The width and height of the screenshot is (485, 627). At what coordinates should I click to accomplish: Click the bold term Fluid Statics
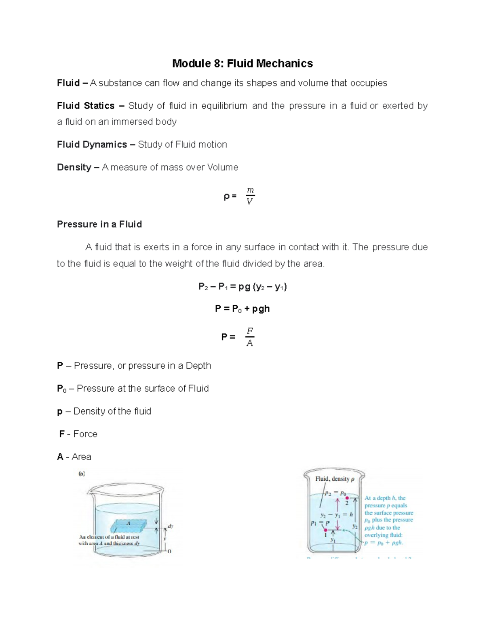tap(86, 106)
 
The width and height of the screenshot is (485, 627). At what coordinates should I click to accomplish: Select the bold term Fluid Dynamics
tap(92, 145)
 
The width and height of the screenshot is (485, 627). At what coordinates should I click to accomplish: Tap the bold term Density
tap(74, 167)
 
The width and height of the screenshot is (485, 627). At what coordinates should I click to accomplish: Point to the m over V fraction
tap(250, 196)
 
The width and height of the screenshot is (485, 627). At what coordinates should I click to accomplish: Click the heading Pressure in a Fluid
tap(99, 224)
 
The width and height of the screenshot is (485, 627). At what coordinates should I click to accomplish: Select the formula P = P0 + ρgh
tap(242, 309)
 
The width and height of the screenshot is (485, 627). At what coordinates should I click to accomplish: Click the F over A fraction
tap(250, 337)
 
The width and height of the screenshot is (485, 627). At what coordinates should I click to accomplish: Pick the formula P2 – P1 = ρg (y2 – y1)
tap(242, 287)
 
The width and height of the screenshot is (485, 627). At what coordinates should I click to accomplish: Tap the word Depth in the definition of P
tap(198, 365)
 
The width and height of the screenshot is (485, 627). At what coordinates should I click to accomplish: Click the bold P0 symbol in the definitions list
tap(61, 388)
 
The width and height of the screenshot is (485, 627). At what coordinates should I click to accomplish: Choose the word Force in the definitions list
tap(85, 434)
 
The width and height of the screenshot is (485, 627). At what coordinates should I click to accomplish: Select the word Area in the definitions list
tap(81, 457)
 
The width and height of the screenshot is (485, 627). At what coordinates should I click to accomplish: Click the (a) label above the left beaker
tap(82, 474)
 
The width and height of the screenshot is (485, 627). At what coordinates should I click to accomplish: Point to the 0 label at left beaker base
tap(169, 551)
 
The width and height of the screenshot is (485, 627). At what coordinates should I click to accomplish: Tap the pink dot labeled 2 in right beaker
tap(347, 498)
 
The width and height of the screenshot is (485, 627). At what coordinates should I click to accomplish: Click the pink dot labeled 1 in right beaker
tap(325, 530)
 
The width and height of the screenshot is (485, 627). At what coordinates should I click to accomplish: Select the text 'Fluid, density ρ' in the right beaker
tap(335, 479)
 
